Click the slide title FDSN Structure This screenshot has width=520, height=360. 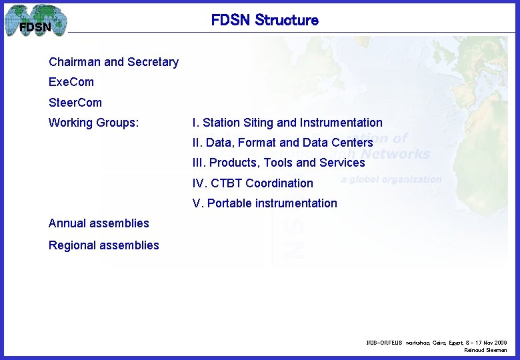[265, 20]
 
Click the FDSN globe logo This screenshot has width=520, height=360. [36, 21]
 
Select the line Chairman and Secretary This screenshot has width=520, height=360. [113, 62]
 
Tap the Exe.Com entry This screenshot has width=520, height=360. [71, 82]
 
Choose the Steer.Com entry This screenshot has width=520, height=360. [75, 103]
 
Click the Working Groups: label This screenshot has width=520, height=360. [93, 123]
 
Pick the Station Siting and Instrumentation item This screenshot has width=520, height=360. [287, 123]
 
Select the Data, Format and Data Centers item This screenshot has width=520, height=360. [283, 143]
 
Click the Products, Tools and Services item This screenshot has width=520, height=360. [279, 163]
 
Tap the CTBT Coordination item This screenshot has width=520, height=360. [253, 183]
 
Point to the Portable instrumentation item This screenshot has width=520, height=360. [265, 203]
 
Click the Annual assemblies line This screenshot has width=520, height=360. [99, 223]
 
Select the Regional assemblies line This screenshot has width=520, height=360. [104, 245]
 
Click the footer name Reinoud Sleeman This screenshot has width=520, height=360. [485, 350]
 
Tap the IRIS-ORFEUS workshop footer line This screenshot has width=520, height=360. [436, 342]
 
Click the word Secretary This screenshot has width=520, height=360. [153, 62]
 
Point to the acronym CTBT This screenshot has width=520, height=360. [227, 183]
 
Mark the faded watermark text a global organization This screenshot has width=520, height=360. [391, 179]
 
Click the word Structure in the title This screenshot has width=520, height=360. [287, 20]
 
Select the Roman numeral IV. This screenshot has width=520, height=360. [199, 183]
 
